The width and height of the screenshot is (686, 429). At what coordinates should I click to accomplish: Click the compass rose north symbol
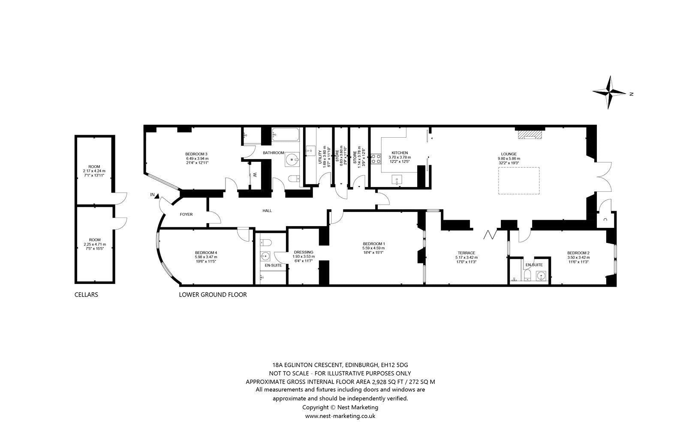(610, 92)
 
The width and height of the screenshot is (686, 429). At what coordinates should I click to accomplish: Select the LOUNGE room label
(509, 154)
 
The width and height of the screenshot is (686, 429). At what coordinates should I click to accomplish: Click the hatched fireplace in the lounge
(530, 135)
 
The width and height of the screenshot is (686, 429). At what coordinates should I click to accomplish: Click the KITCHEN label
(399, 153)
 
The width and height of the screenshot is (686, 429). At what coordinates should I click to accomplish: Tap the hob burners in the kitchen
(376, 159)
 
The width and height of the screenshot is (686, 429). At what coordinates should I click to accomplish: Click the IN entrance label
(152, 195)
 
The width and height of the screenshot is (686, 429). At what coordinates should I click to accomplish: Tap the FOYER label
(186, 214)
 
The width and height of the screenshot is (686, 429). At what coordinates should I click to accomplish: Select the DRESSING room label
(304, 252)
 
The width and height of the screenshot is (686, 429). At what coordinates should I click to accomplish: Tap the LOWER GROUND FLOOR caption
(213, 295)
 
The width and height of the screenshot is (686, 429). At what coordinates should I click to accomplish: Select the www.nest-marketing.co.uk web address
(340, 416)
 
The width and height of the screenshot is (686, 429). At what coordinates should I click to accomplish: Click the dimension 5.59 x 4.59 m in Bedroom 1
(373, 248)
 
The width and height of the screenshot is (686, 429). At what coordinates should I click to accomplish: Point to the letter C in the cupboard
(605, 220)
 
